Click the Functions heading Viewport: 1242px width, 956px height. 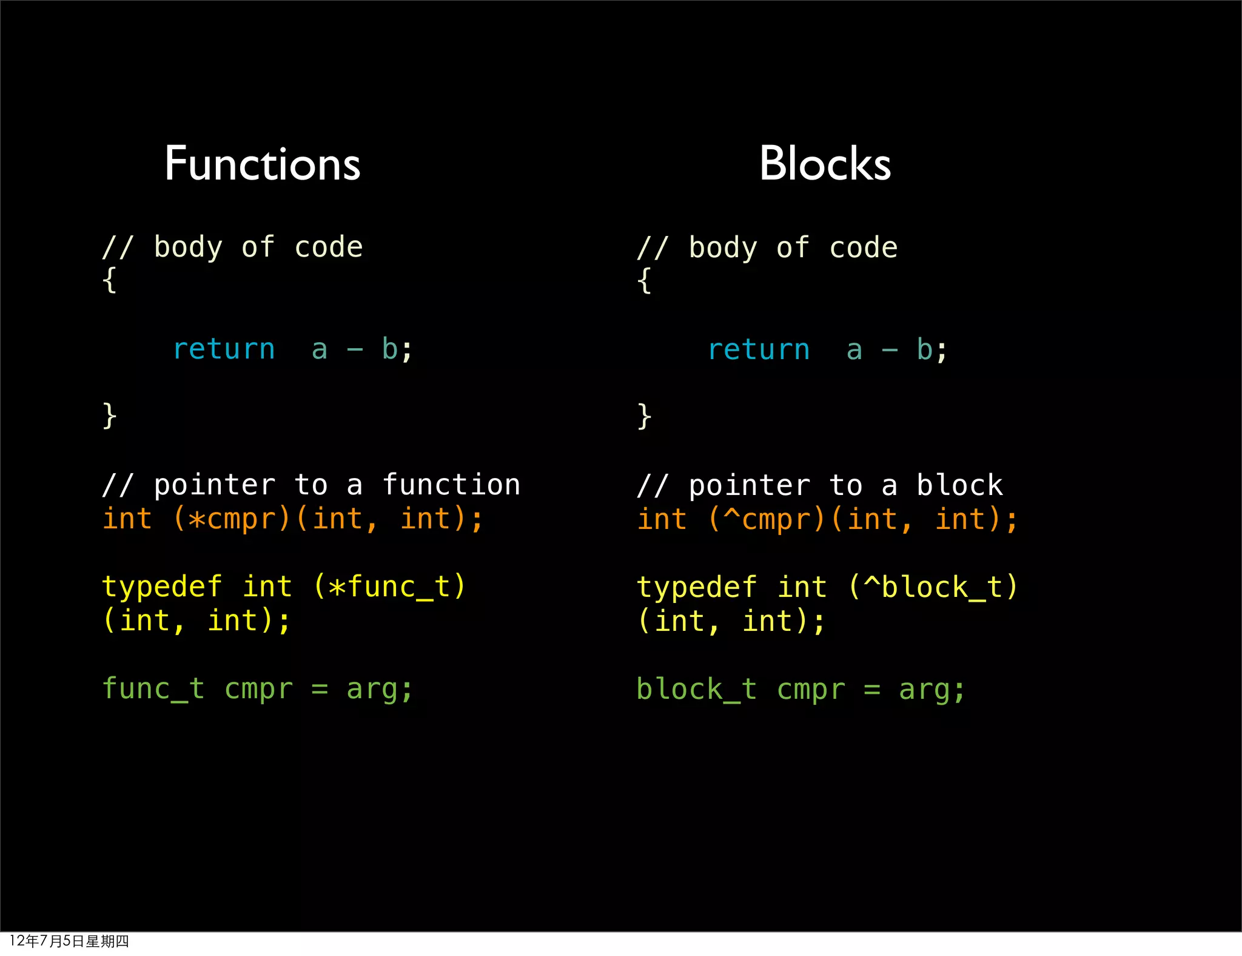[263, 164]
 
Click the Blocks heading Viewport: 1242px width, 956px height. [825, 164]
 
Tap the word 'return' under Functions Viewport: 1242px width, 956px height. [224, 349]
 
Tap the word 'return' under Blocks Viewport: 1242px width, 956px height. [759, 350]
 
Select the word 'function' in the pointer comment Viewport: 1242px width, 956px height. [451, 485]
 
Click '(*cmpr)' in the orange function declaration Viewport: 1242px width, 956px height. [232, 519]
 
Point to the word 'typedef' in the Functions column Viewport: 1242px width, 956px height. [162, 587]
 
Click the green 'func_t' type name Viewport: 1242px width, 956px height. [153, 689]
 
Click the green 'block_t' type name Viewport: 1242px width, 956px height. [697, 690]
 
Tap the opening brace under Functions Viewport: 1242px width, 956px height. [109, 280]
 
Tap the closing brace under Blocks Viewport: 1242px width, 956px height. [644, 417]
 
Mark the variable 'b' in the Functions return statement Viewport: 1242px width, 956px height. [389, 349]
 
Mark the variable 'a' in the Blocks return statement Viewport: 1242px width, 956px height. [854, 350]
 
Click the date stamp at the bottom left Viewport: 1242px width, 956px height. [69, 941]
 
